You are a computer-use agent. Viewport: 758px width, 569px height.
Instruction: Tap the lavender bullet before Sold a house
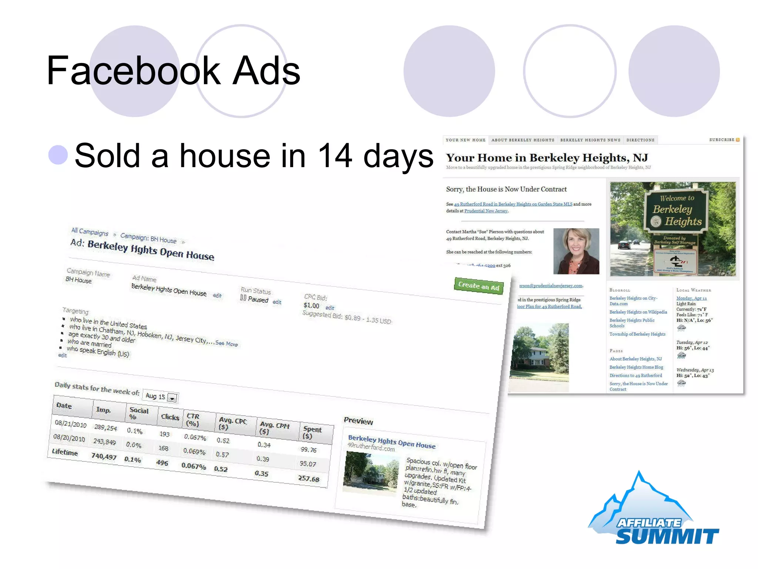click(x=58, y=155)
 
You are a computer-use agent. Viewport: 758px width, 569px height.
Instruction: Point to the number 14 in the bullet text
click(x=335, y=156)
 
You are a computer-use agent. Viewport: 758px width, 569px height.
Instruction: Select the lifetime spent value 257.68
click(x=309, y=479)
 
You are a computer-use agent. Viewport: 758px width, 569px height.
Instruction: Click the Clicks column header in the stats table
click(x=170, y=417)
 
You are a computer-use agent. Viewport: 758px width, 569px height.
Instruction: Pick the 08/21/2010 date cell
click(x=71, y=424)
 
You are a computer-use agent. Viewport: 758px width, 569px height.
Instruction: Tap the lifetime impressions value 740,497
click(x=104, y=457)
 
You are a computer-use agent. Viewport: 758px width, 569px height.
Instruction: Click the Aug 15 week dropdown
click(x=161, y=397)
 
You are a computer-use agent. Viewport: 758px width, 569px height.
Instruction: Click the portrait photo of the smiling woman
click(x=576, y=251)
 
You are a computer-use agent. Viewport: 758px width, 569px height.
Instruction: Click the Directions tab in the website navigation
click(x=640, y=140)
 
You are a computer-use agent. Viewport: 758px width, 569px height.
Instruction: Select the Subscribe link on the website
click(x=724, y=140)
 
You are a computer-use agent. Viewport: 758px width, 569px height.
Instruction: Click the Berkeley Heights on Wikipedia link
click(x=638, y=312)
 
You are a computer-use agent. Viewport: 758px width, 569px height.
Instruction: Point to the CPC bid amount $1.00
click(x=311, y=305)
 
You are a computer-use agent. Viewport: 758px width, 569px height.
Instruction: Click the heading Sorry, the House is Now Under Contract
click(x=506, y=189)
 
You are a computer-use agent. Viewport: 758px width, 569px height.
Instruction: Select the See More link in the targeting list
click(x=227, y=343)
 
